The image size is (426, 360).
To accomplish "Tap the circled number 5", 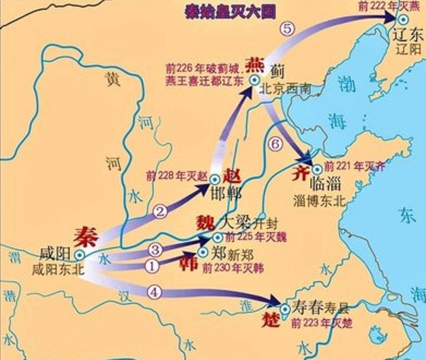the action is pyautogui.click(x=287, y=29).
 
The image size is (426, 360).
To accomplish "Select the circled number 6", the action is pyautogui.click(x=275, y=144).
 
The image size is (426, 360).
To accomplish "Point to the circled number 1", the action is pyautogui.click(x=152, y=266).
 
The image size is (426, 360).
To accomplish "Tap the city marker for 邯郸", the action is pyautogui.click(x=215, y=179).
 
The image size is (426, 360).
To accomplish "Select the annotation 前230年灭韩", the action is pyautogui.click(x=233, y=268).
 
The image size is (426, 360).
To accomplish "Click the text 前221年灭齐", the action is pyautogui.click(x=354, y=166).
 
